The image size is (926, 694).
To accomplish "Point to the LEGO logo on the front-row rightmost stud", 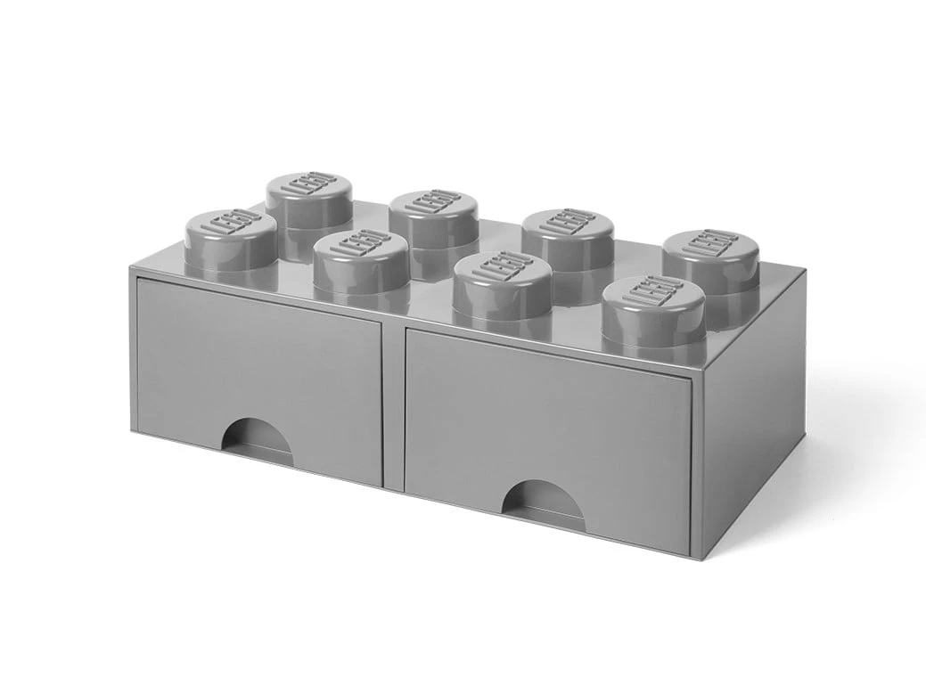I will (x=655, y=293).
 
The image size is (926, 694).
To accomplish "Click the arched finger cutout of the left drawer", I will (x=258, y=441).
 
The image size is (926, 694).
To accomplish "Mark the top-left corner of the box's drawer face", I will (x=130, y=267).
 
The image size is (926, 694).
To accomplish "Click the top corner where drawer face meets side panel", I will (x=703, y=365).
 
